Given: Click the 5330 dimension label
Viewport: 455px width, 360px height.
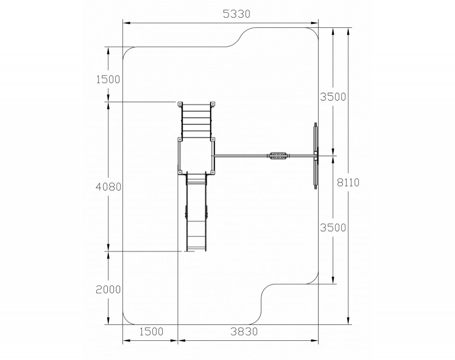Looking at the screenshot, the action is (236, 14).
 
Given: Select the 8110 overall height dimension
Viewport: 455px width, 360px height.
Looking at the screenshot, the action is (348, 182).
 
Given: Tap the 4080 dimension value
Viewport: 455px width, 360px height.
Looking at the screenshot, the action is (108, 187).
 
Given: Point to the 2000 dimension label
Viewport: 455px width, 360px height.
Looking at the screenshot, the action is (108, 289).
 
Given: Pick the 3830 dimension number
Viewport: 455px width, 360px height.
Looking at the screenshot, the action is (244, 331).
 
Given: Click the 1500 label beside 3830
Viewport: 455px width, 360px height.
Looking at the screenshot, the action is (152, 331).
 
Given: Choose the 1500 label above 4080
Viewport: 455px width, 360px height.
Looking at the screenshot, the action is (108, 79).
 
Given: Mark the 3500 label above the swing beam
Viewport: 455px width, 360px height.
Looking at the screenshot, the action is (333, 97).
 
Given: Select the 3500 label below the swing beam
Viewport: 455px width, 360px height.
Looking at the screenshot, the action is (333, 228).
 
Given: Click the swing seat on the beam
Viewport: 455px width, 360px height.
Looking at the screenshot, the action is (278, 156).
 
